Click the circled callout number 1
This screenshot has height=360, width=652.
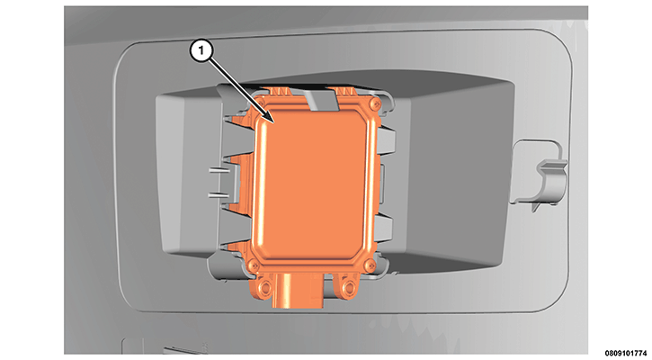click(201, 50)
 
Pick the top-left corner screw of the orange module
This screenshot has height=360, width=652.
click(262, 101)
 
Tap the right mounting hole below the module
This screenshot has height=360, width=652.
click(349, 286)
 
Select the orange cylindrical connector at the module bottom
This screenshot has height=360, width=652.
click(298, 292)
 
